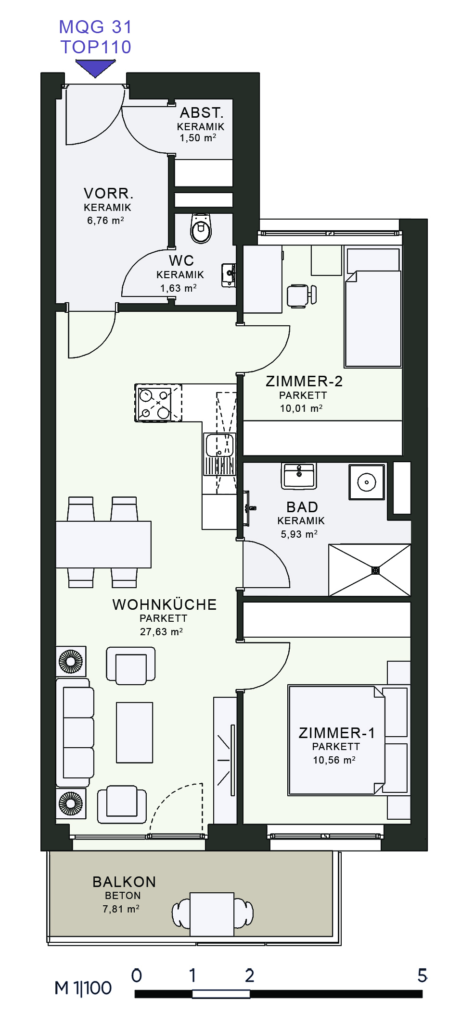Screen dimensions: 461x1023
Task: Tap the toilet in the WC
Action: (x=201, y=228)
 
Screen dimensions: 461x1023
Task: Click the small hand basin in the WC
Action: (x=229, y=275)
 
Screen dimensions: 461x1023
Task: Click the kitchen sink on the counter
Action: (x=220, y=445)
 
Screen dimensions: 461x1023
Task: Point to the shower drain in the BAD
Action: (x=376, y=570)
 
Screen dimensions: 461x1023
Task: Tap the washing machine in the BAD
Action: (x=367, y=482)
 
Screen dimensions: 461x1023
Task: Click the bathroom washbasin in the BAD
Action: (x=299, y=476)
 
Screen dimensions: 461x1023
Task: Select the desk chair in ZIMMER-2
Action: (x=302, y=296)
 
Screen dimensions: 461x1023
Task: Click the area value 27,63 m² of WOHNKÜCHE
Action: (x=161, y=632)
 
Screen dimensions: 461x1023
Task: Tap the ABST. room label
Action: (x=202, y=112)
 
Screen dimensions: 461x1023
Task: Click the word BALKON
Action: (x=124, y=882)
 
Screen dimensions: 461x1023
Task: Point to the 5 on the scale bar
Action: (x=422, y=975)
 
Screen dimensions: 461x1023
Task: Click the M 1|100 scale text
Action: (x=83, y=988)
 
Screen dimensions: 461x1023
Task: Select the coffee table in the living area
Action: (x=135, y=733)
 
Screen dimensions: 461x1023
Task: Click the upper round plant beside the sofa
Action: (x=71, y=661)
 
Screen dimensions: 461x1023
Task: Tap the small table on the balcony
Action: (x=212, y=914)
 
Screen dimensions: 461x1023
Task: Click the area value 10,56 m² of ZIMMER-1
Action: (x=334, y=760)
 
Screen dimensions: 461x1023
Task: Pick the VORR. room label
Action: (x=108, y=194)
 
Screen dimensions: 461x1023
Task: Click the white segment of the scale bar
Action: (x=221, y=994)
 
